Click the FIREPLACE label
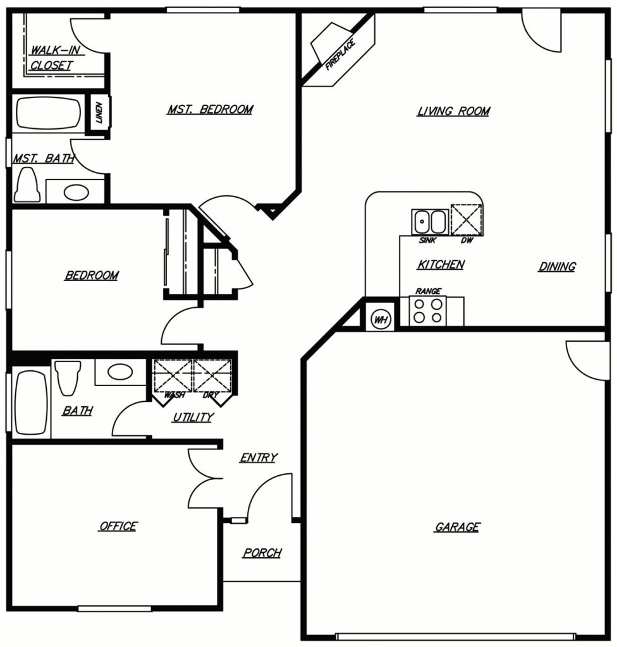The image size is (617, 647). [339, 54]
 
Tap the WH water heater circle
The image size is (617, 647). [381, 319]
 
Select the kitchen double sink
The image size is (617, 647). [430, 222]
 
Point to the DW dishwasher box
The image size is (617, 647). [468, 220]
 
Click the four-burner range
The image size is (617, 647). [427, 311]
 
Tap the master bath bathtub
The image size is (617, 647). [48, 114]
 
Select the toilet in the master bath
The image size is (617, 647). [28, 184]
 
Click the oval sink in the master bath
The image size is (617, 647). [76, 191]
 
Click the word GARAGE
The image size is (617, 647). [457, 527]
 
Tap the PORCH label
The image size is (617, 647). [262, 553]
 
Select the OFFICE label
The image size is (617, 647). [118, 526]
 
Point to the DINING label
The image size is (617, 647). [557, 267]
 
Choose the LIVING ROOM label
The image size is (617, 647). [453, 112]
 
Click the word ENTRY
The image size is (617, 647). [258, 458]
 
